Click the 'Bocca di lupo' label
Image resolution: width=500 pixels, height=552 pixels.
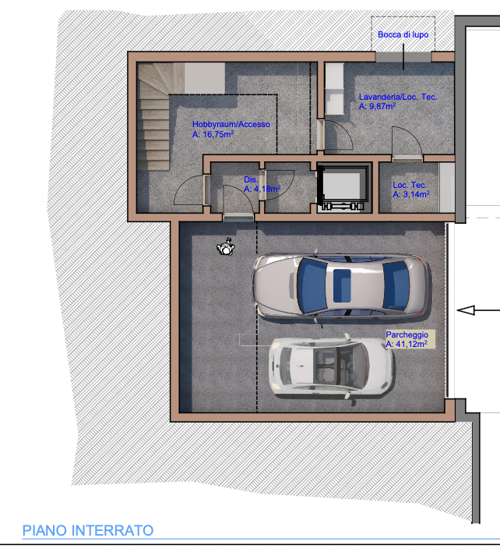click(403, 34)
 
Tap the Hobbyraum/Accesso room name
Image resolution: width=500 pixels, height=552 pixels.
click(231, 124)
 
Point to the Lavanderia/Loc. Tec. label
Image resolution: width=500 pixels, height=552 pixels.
click(398, 97)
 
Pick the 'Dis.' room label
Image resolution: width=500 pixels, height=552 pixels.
click(251, 179)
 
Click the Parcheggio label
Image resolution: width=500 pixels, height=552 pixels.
click(407, 334)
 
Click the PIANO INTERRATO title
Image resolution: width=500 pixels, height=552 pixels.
click(88, 530)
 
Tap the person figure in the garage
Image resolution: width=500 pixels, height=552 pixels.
click(226, 247)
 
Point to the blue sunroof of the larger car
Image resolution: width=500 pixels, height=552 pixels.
click(342, 285)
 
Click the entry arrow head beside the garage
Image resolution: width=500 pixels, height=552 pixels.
click(466, 310)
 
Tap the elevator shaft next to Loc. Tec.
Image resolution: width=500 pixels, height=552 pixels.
click(344, 188)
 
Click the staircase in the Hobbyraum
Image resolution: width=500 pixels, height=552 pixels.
click(155, 117)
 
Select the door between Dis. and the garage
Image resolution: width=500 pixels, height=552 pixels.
click(238, 218)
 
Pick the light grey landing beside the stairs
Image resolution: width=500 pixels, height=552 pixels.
click(205, 78)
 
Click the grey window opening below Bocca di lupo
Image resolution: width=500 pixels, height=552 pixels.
click(403, 57)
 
